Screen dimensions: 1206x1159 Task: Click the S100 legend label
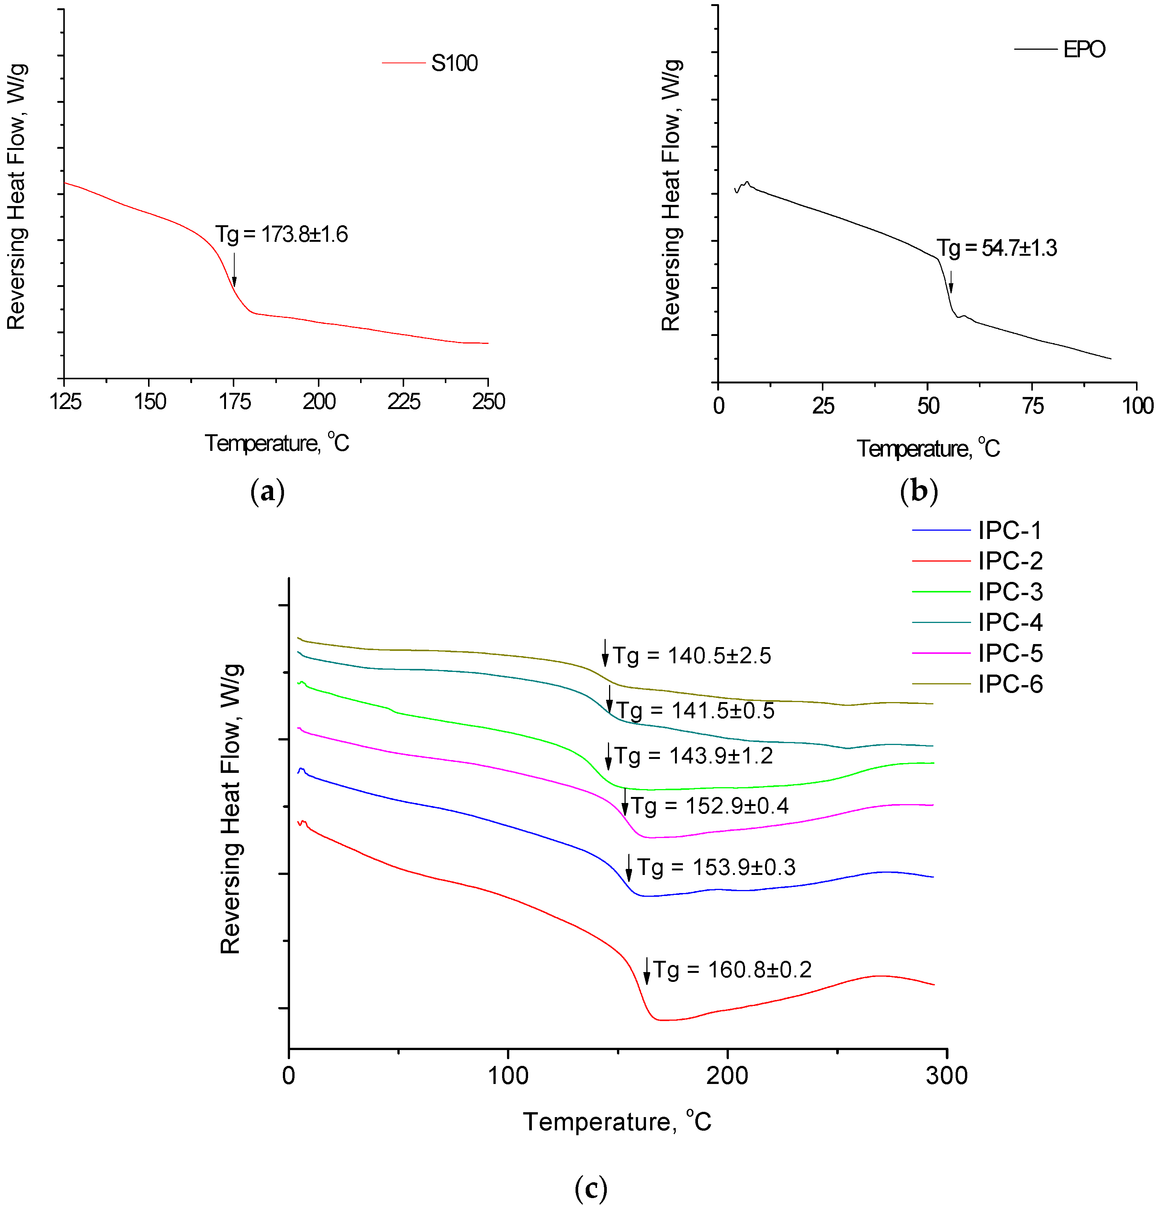454,63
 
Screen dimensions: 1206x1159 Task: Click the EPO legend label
1084,49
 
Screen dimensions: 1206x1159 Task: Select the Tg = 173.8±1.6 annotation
281,234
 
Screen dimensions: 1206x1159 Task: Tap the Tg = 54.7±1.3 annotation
997,248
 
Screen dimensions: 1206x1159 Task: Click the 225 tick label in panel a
404,402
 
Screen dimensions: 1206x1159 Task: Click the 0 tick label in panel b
718,406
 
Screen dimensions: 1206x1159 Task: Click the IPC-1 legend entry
1009,530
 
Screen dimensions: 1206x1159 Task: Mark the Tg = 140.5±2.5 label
691,656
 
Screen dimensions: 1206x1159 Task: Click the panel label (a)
267,492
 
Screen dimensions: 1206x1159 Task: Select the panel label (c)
590,1188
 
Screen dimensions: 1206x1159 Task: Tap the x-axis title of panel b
928,449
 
